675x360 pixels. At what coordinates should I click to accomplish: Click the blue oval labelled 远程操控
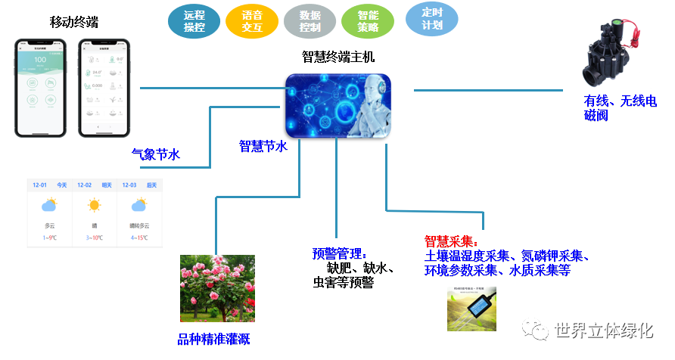click(x=194, y=22)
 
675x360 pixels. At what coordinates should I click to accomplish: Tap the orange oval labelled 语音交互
click(x=252, y=21)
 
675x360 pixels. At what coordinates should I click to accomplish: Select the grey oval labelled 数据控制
click(x=310, y=22)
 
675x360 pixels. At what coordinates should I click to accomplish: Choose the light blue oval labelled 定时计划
click(x=431, y=20)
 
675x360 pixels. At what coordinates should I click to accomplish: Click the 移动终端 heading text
click(x=74, y=22)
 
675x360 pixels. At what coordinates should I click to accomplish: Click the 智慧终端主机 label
click(x=337, y=57)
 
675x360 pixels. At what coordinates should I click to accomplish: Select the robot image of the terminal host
click(x=338, y=106)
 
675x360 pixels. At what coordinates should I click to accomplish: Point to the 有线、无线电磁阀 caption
click(x=620, y=108)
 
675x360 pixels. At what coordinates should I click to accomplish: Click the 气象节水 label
click(x=156, y=154)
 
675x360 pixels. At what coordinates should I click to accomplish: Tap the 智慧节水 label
click(x=263, y=146)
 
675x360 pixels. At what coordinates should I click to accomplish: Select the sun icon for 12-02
click(x=95, y=205)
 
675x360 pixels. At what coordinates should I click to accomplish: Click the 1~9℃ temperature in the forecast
click(x=50, y=238)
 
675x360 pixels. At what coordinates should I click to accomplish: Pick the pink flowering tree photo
click(x=216, y=288)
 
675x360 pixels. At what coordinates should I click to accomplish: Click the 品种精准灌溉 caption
click(x=213, y=339)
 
